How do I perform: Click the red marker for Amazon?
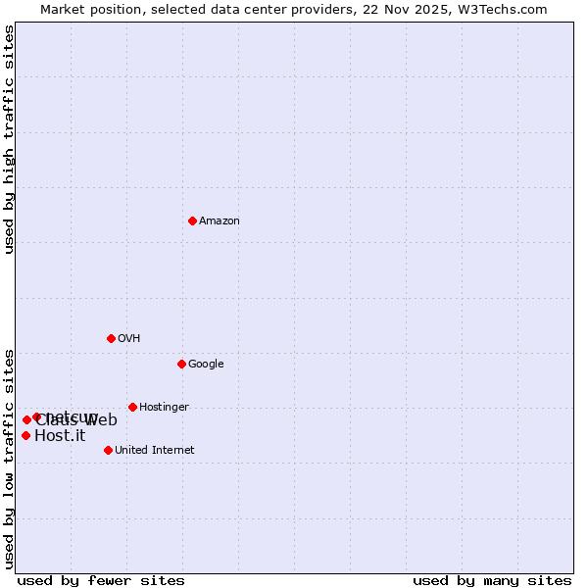click(x=192, y=220)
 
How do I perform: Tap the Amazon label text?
click(x=220, y=221)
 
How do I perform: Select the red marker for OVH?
click(x=111, y=338)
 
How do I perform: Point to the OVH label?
click(x=129, y=339)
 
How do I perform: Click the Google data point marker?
click(x=181, y=364)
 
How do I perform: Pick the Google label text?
click(x=206, y=365)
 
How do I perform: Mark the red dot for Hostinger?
click(x=132, y=407)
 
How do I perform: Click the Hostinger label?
click(x=164, y=408)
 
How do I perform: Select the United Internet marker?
click(x=108, y=450)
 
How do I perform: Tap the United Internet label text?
click(x=155, y=451)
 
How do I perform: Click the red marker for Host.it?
click(x=25, y=435)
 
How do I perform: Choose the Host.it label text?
click(x=60, y=436)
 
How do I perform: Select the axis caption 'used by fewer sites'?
click(x=101, y=581)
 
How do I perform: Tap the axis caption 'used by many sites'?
click(x=492, y=581)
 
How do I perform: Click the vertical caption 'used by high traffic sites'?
click(x=10, y=139)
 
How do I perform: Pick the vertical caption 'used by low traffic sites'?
click(x=10, y=458)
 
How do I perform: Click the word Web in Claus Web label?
click(x=101, y=421)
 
